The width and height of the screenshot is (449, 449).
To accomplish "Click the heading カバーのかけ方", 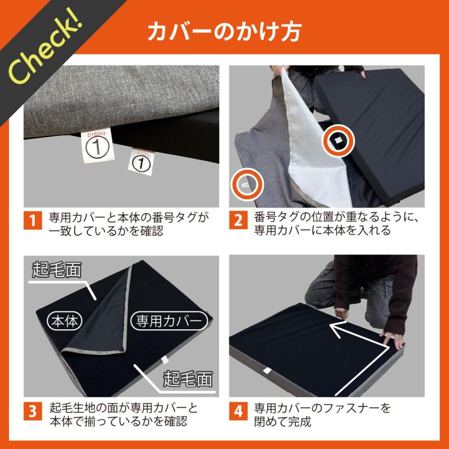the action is (224, 31).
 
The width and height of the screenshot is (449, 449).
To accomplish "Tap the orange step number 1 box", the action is (32, 220).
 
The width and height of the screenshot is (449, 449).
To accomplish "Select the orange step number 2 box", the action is (238, 220).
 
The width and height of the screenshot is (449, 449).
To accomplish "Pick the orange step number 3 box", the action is (32, 411).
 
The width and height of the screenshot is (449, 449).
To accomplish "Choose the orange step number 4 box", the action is (238, 411).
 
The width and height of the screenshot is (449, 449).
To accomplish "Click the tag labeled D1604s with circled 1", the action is (97, 146).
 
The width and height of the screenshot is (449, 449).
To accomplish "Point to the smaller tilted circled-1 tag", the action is (141, 162).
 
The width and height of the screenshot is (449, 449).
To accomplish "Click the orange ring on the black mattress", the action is (338, 140).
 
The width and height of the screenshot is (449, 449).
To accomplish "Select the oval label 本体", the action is (64, 321).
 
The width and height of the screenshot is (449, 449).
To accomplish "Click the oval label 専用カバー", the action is (169, 321).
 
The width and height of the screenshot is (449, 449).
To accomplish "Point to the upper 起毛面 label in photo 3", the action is (57, 269).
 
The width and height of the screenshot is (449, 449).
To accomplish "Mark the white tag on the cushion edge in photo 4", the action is (267, 371).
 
